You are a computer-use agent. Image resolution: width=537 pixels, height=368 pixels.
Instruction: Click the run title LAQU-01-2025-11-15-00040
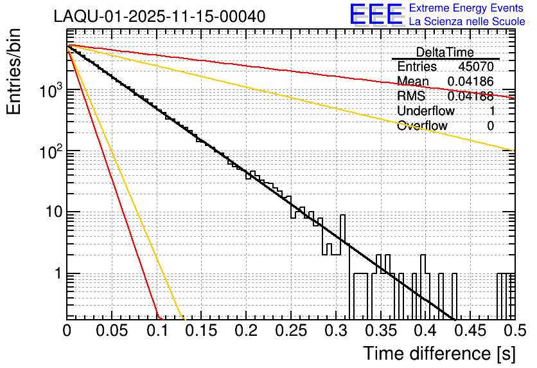tap(159, 16)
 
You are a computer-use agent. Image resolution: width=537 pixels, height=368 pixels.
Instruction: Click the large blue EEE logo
tap(376, 15)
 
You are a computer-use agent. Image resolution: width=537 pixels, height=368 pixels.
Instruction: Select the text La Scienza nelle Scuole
tap(467, 22)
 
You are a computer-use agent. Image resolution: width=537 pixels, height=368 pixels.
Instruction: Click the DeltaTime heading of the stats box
tap(445, 52)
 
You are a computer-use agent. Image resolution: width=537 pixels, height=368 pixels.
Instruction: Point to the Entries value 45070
tap(476, 67)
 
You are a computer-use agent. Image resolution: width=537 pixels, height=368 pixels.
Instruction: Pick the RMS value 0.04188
tap(471, 97)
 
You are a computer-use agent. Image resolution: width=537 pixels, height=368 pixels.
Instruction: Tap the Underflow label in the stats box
tap(426, 111)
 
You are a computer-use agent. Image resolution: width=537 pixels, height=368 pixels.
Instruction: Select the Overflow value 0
tap(490, 126)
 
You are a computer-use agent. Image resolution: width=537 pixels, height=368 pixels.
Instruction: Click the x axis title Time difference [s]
tap(439, 354)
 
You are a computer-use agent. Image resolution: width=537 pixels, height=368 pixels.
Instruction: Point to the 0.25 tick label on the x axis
tap(291, 331)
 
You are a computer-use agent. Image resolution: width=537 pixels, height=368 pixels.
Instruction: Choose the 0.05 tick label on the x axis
tap(112, 331)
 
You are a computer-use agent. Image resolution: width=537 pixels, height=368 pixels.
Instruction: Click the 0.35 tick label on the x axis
tap(380, 331)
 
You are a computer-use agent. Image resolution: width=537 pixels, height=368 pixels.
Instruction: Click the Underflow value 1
tap(491, 111)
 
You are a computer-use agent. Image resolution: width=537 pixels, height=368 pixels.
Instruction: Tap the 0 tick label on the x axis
tap(67, 331)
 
